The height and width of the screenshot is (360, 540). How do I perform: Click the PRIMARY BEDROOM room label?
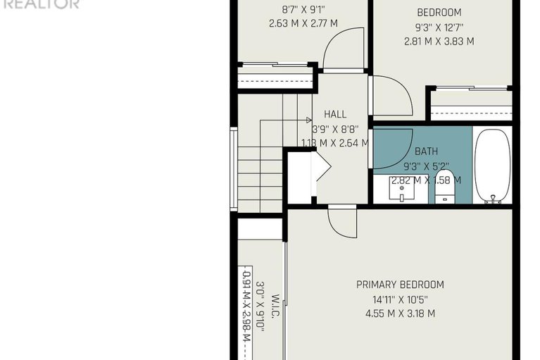(x=400, y=285)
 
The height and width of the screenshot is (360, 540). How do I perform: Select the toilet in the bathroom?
(x=445, y=185)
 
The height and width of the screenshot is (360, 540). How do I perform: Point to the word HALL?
(x=335, y=114)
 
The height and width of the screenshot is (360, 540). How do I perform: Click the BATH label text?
(x=426, y=151)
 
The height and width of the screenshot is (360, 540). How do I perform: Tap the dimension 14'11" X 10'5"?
(x=400, y=299)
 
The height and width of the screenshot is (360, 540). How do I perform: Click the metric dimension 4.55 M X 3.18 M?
(x=400, y=314)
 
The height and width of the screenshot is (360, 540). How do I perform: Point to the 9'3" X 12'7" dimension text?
(x=439, y=27)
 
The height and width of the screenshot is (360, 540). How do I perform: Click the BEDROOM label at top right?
(x=439, y=12)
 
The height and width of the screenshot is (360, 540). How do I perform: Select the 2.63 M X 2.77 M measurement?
(x=303, y=23)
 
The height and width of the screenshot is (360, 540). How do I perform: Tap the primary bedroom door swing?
(x=341, y=223)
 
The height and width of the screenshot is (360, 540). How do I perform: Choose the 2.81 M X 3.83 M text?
(x=439, y=42)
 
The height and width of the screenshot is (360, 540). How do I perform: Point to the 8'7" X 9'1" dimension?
(x=303, y=10)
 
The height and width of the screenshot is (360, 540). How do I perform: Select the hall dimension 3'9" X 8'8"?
(x=335, y=129)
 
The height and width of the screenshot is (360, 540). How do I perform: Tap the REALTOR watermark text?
(x=40, y=4)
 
